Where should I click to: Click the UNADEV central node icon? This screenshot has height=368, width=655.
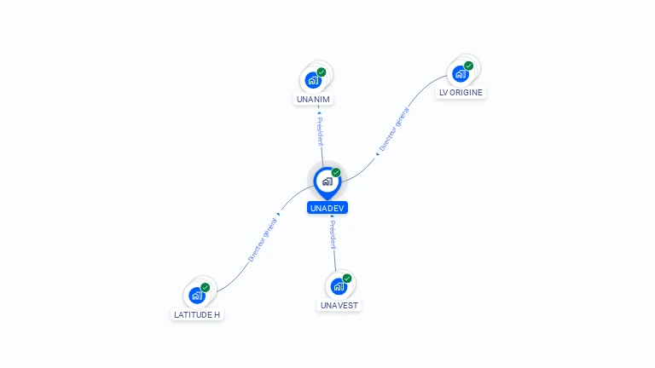pyautogui.click(x=327, y=181)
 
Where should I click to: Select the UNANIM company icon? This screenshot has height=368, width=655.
pyautogui.click(x=313, y=80)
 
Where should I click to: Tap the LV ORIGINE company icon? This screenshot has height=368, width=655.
pyautogui.click(x=461, y=73)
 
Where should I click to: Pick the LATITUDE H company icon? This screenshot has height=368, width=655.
pyautogui.click(x=197, y=296)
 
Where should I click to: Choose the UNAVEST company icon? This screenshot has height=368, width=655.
pyautogui.click(x=339, y=286)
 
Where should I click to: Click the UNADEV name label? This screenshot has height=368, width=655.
pyautogui.click(x=327, y=208)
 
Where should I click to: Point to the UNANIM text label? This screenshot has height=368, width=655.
pyautogui.click(x=313, y=99)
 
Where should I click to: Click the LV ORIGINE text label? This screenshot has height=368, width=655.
pyautogui.click(x=461, y=92)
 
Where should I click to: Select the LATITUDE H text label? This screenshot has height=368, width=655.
pyautogui.click(x=197, y=314)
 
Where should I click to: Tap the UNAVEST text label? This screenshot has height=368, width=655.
pyautogui.click(x=340, y=305)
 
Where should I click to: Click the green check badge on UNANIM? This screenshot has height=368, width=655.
pyautogui.click(x=322, y=72)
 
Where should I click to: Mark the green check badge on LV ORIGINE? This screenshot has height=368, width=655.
pyautogui.click(x=468, y=66)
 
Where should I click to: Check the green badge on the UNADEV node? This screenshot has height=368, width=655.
pyautogui.click(x=336, y=173)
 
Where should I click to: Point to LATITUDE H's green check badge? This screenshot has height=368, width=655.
pyautogui.click(x=206, y=288)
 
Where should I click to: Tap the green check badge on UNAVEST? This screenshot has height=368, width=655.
pyautogui.click(x=347, y=279)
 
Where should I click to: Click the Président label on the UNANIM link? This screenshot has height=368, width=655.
pyautogui.click(x=320, y=131)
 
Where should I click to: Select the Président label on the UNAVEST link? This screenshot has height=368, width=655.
pyautogui.click(x=333, y=235)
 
